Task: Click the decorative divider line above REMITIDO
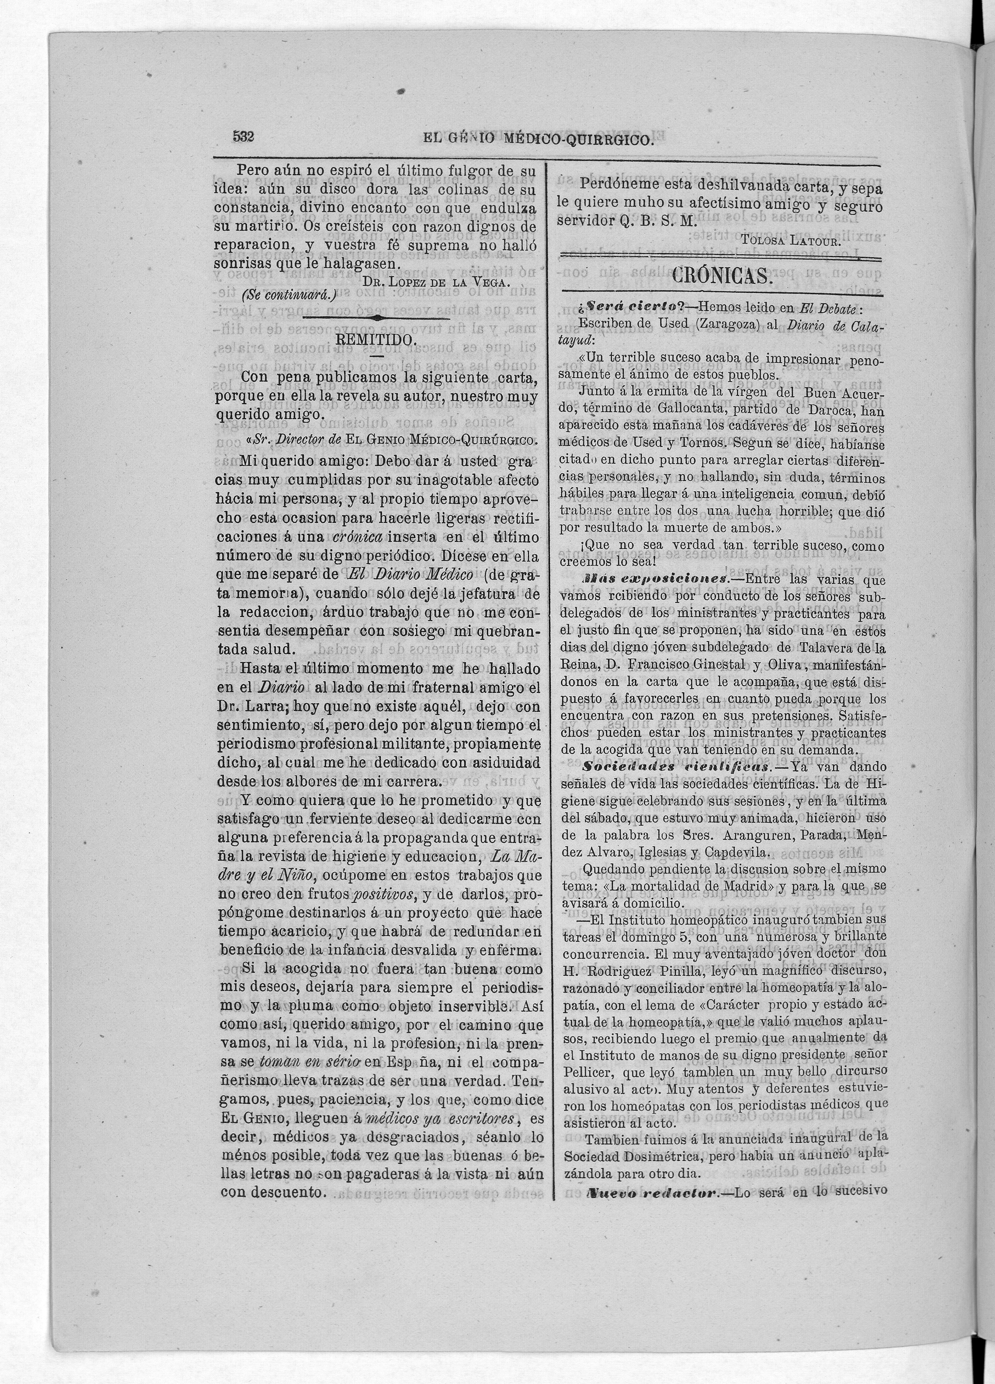(377, 318)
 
